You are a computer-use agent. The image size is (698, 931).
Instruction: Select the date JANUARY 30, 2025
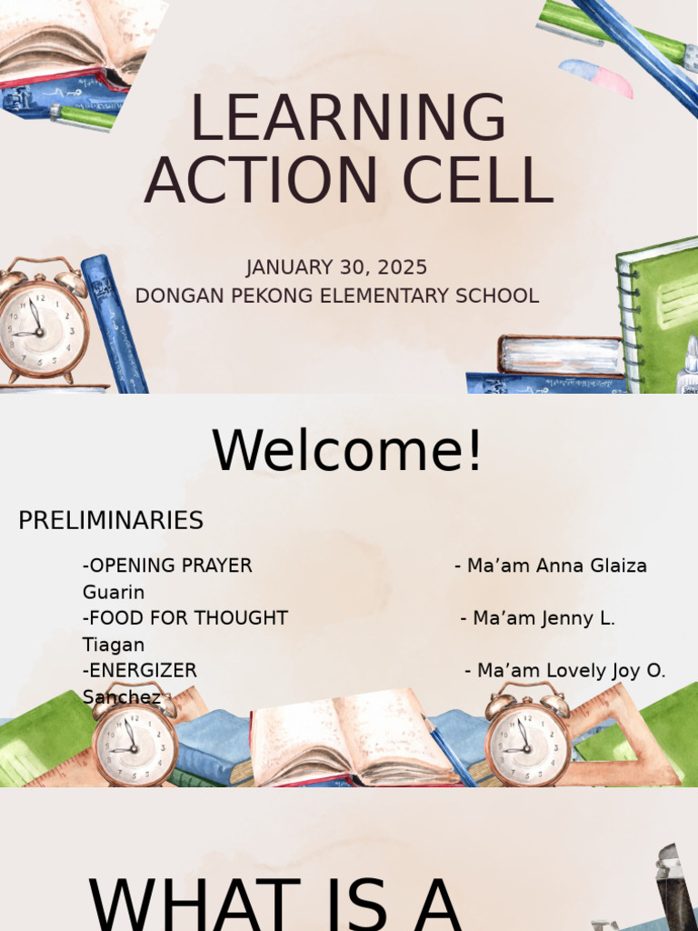coord(336,268)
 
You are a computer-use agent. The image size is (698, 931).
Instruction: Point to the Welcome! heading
coord(347,451)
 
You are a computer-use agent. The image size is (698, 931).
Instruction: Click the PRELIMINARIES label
coord(111,521)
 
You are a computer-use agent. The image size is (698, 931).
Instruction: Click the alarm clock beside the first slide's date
coord(42,323)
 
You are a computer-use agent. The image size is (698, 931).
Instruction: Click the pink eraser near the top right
coord(597,76)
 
